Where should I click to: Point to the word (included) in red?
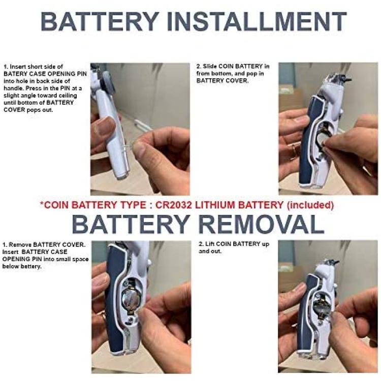[310, 205]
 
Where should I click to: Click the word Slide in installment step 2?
[209, 66]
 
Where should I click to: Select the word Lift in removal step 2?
[210, 244]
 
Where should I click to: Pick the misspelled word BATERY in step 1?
[14, 74]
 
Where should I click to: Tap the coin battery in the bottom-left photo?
[131, 299]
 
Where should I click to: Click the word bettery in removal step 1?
[35, 266]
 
